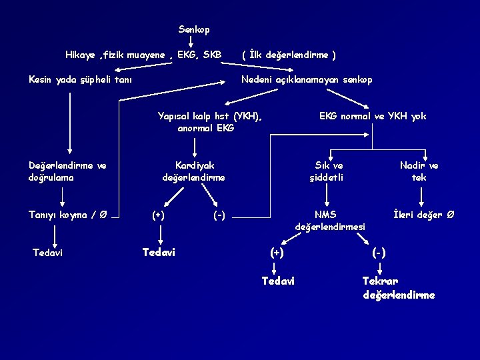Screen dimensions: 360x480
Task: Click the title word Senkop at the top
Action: pyautogui.click(x=194, y=30)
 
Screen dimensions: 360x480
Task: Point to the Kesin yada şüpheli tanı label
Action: pyautogui.click(x=80, y=79)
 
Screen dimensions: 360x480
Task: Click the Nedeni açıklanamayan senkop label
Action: pyautogui.click(x=307, y=79)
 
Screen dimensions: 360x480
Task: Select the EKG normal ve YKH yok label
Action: pyautogui.click(x=373, y=116)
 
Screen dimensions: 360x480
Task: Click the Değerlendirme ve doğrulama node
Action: pyautogui.click(x=68, y=171)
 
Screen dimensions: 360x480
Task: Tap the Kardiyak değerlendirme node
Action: pyautogui.click(x=194, y=171)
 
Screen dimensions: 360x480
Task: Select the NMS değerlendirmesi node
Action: pyautogui.click(x=330, y=221)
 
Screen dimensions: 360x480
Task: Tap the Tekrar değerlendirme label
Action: pyautogui.click(x=399, y=288)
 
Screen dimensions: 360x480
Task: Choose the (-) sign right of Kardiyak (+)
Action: pyautogui.click(x=219, y=215)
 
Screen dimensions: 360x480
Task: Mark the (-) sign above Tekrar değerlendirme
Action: pyautogui.click(x=378, y=253)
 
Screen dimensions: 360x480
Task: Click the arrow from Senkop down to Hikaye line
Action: pyautogui.click(x=191, y=42)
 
